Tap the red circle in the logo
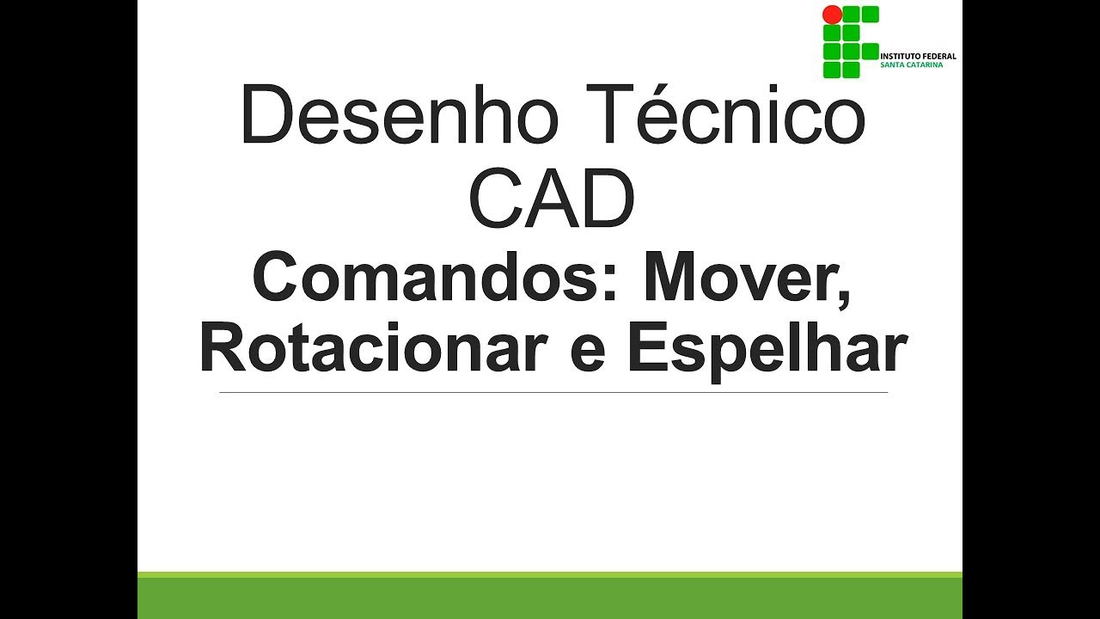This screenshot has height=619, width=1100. (x=832, y=15)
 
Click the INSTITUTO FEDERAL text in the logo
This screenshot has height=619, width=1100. (x=918, y=57)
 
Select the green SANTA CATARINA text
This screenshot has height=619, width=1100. (x=911, y=65)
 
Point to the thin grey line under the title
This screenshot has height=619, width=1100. (x=553, y=393)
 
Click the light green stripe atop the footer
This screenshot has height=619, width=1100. (x=550, y=574)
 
